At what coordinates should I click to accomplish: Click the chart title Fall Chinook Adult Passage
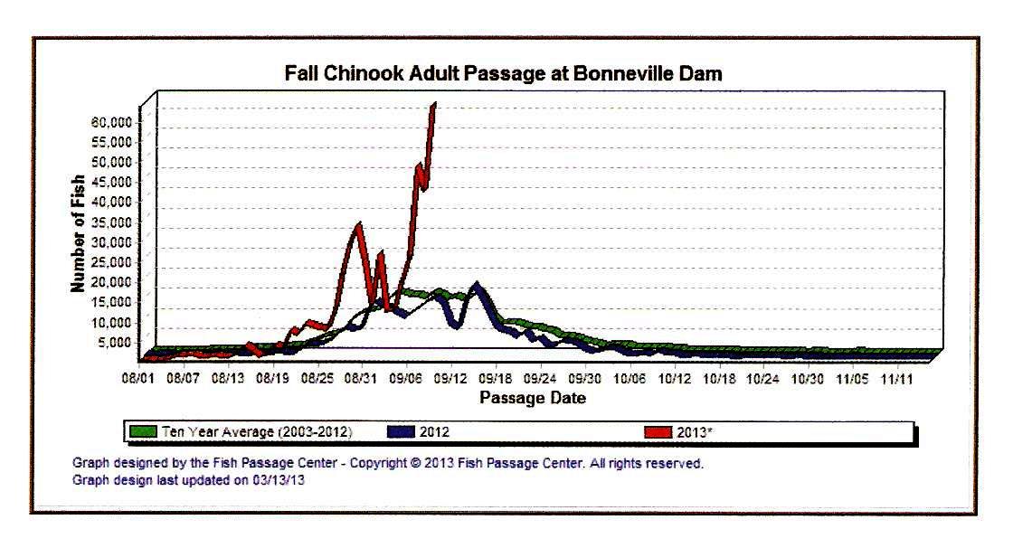tap(504, 74)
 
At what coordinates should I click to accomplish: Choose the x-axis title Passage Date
tap(532, 398)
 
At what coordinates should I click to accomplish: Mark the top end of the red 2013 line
tap(434, 104)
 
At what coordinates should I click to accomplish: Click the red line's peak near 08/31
tap(359, 224)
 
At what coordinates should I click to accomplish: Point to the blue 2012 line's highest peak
tap(477, 287)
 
